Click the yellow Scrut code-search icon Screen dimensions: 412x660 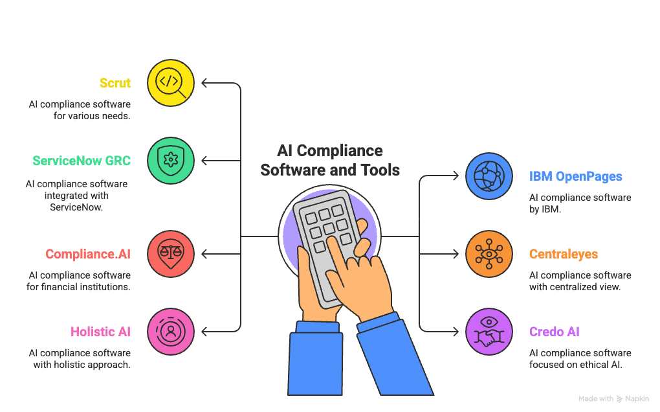pos(171,83)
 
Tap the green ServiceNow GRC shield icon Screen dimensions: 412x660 pos(171,161)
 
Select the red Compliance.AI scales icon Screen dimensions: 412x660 pos(171,254)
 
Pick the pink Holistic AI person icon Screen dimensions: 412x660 pos(171,332)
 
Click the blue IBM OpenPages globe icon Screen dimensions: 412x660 pos(489,176)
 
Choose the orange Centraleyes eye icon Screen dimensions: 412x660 pos(489,254)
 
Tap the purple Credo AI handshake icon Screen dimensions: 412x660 pos(489,332)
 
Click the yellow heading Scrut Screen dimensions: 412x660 pos(115,83)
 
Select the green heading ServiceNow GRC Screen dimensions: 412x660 pos(82,161)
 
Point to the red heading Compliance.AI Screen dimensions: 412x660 pos(88,255)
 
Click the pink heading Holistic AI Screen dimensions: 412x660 pos(100,332)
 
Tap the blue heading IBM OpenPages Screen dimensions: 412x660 pos(576,176)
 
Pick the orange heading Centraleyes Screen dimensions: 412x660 pos(564,254)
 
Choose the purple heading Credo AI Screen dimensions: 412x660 pos(555,332)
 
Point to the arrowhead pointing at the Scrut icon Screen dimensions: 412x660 pos(204,83)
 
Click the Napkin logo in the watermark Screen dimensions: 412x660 pos(620,399)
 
